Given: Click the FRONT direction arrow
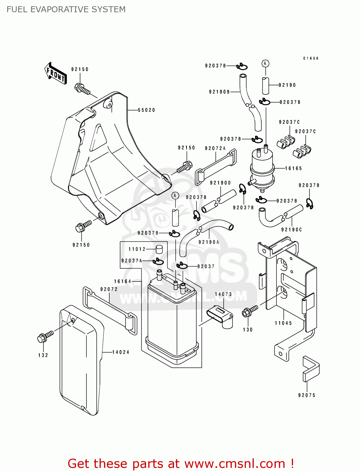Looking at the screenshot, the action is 56,73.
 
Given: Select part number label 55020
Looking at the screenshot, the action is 146,110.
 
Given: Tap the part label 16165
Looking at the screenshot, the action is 293,169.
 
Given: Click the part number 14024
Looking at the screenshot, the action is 121,352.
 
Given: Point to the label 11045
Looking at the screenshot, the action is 283,323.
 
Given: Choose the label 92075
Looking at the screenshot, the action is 307,395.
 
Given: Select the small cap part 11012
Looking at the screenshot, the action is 160,249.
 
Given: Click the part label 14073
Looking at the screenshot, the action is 223,294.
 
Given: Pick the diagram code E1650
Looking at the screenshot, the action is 311,58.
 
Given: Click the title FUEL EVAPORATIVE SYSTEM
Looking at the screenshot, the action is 66,9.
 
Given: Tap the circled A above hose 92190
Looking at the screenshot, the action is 265,64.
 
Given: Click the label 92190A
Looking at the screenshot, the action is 209,242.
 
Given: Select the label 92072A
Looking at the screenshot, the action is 215,149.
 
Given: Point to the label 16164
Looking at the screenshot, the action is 123,281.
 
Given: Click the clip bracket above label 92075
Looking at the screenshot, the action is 311,369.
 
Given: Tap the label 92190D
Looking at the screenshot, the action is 220,183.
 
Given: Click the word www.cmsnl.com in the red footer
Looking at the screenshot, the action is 235,463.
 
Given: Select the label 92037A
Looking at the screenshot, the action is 132,261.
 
